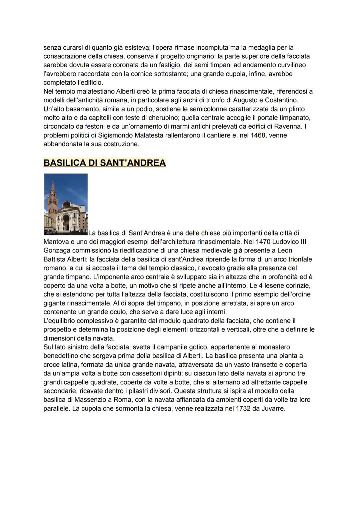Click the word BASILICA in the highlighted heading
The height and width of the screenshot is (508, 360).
tap(64, 163)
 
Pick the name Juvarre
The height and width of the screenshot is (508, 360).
tap(274, 408)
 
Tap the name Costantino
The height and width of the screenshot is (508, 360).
tap(281, 100)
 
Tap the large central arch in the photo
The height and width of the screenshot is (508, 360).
tap(66, 222)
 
